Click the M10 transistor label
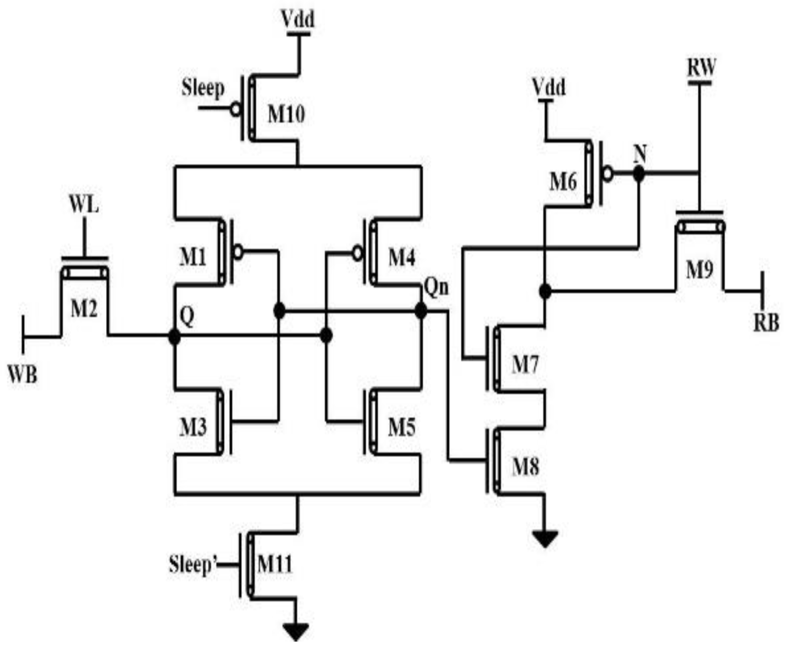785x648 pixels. coord(286,115)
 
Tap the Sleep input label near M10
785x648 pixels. coord(203,88)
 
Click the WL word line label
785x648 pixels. coord(84,205)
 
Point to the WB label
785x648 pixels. coord(23,375)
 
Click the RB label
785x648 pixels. coord(766,323)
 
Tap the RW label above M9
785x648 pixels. coord(701,67)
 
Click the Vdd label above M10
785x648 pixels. coord(297,19)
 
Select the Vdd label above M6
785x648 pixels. coord(549,87)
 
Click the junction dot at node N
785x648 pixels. coord(639,174)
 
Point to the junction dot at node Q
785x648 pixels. coord(174,337)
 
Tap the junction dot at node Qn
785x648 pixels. coord(420,311)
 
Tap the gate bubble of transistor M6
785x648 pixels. coord(608,174)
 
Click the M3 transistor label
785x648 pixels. coord(193,427)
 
